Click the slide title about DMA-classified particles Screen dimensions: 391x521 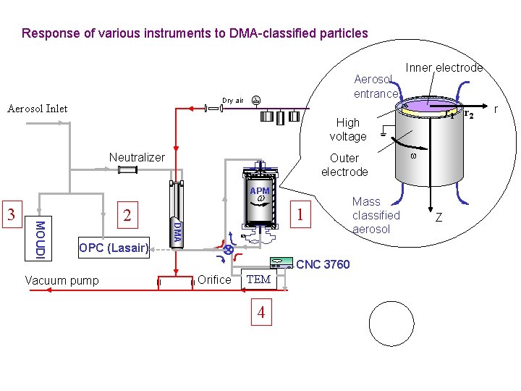click(x=195, y=33)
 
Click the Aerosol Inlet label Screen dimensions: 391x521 click(x=37, y=109)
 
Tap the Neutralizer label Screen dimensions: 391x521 click(x=137, y=157)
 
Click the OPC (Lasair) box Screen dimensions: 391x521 click(x=114, y=248)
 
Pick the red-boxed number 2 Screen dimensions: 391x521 click(x=127, y=216)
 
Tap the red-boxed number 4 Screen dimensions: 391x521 click(x=260, y=313)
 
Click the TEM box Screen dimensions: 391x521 click(x=258, y=279)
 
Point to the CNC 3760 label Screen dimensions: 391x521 click(x=323, y=264)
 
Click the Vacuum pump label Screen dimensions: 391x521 click(x=62, y=280)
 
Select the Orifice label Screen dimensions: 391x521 click(x=214, y=279)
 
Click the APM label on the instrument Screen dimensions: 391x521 click(x=259, y=192)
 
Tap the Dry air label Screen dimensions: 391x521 click(x=232, y=101)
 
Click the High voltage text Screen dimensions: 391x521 click(x=348, y=130)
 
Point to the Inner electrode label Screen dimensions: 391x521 click(x=444, y=67)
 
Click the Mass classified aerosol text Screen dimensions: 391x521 click(x=376, y=215)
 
